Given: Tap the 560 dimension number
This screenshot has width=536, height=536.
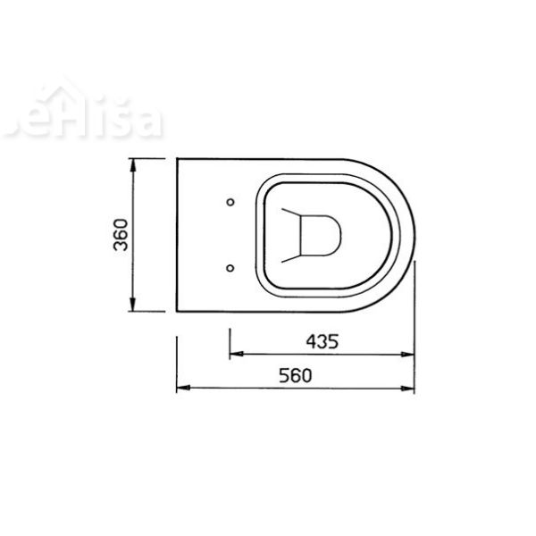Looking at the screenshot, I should pyautogui.click(x=293, y=376).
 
